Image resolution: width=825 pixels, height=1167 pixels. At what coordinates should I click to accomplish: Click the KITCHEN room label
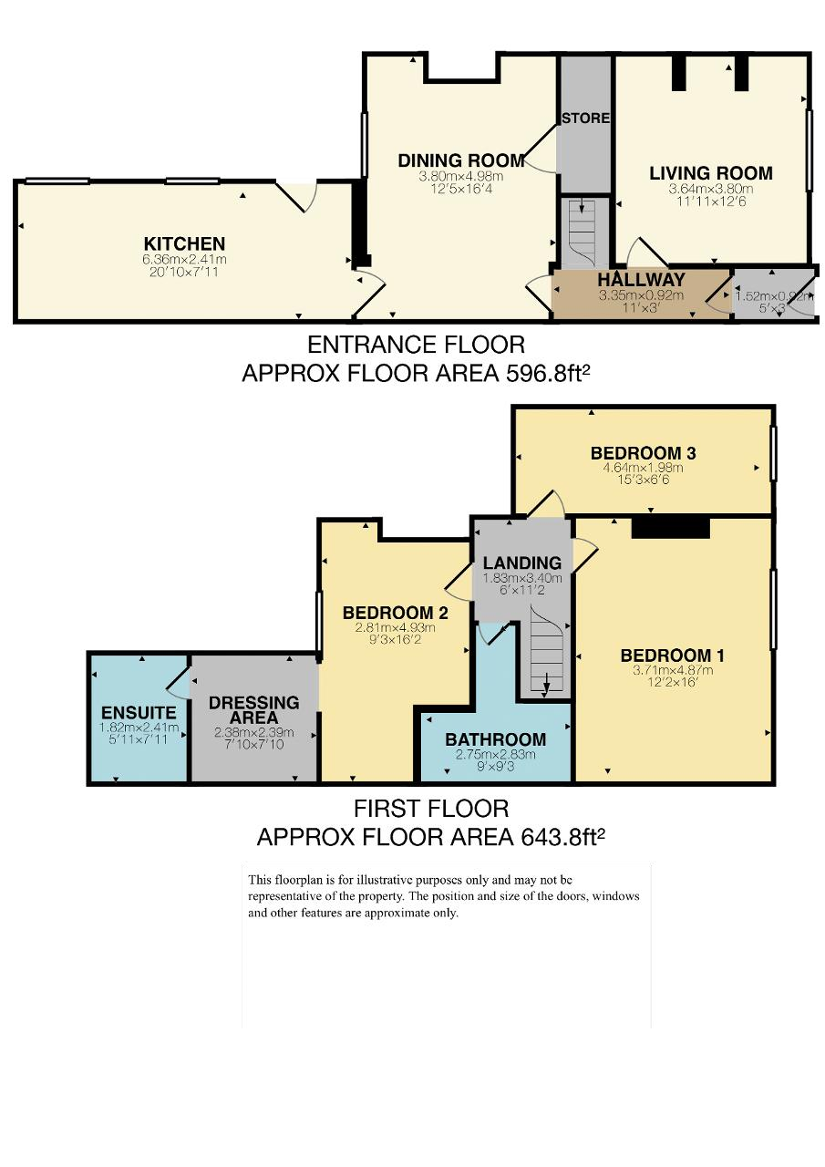point(184,243)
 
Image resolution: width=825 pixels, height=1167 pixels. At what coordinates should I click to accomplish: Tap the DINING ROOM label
point(461,160)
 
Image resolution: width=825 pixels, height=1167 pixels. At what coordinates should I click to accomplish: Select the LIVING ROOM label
point(710,173)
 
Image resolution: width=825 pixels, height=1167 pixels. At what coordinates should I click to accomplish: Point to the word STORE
point(585,119)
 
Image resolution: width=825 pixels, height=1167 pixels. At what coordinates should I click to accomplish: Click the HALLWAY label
point(641,280)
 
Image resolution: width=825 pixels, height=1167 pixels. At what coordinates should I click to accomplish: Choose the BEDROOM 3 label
point(643,453)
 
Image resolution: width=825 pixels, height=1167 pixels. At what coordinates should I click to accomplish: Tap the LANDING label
point(521,563)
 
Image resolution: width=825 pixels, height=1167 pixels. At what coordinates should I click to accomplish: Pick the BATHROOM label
point(495,739)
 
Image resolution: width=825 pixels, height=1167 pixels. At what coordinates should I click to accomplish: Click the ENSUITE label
point(139,712)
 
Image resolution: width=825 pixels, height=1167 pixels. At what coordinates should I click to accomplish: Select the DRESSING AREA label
point(253,709)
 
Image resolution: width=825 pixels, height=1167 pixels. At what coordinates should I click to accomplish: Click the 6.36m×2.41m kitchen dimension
point(184,259)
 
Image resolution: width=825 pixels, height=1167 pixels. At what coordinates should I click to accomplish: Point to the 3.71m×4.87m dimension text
point(673,670)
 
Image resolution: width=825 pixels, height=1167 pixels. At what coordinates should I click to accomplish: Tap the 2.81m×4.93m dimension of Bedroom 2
point(395,628)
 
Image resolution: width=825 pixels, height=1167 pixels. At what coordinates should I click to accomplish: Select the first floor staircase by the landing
point(545,652)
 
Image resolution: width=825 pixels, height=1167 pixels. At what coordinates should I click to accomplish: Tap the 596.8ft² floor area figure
point(549,373)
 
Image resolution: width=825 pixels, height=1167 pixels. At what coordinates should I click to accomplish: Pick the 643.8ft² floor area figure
point(562,837)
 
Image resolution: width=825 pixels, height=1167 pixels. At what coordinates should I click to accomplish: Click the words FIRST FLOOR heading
point(431,809)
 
